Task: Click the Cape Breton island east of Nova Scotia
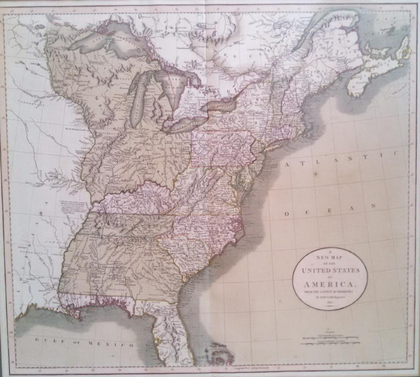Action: tap(403, 52)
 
